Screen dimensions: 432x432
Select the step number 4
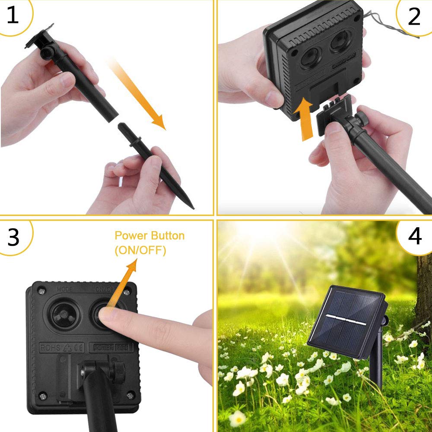tap(414, 236)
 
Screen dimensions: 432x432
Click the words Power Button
tap(149, 236)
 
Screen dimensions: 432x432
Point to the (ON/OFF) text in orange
tap(140, 251)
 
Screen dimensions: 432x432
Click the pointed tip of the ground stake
tap(191, 206)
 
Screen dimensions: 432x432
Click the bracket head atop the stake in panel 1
tap(41, 41)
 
